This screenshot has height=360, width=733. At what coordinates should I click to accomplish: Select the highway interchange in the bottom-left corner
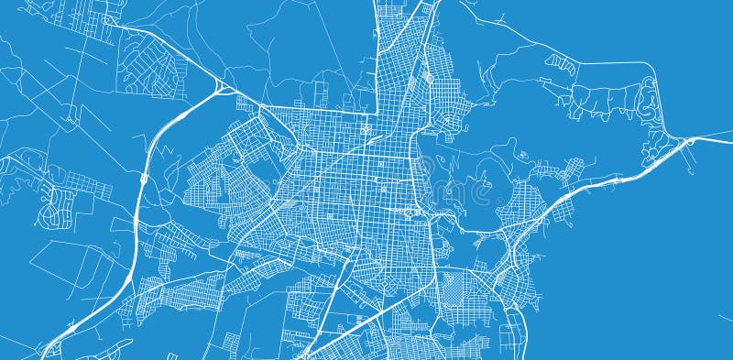52,347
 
